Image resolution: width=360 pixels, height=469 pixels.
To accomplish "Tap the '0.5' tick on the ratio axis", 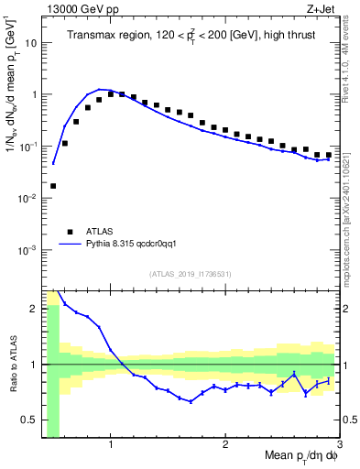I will point(31,420).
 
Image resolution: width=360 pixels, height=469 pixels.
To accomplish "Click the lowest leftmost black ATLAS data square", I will point(53,186).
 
